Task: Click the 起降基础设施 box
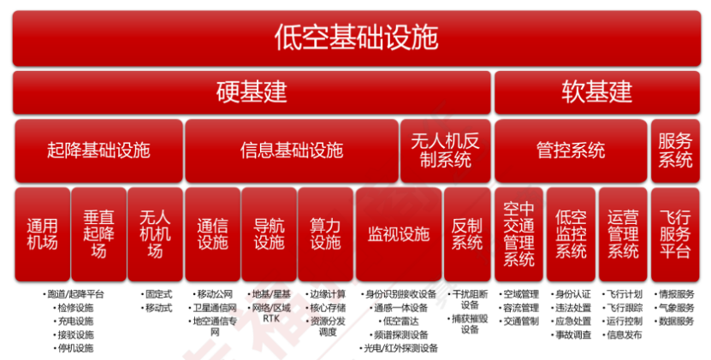coord(98,150)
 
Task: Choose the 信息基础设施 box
coord(291,150)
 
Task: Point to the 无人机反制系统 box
coord(446,150)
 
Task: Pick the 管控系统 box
coord(571,150)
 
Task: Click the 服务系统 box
coord(675,150)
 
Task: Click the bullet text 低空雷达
coord(402,321)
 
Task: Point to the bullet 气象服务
coord(677,307)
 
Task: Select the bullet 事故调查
coord(573,334)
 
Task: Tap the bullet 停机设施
coord(75,348)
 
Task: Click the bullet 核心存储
coord(328,307)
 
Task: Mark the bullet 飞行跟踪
coord(624,307)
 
